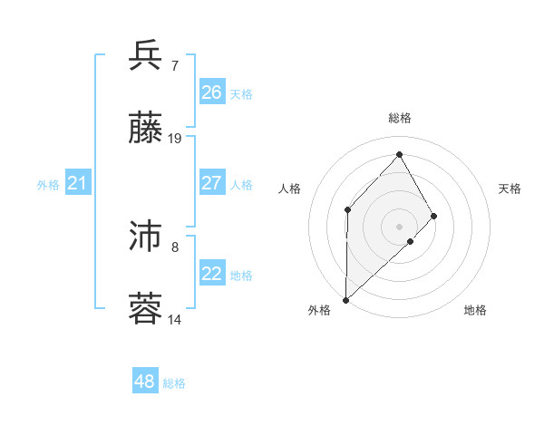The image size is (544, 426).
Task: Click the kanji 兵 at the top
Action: (x=146, y=56)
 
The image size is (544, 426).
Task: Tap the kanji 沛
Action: (x=146, y=238)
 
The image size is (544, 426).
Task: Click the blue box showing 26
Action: (x=212, y=92)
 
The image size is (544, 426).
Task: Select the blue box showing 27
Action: (x=212, y=183)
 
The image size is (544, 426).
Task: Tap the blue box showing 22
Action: (x=212, y=274)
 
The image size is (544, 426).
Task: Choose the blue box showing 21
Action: (x=78, y=184)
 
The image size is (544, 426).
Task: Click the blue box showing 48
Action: (x=145, y=382)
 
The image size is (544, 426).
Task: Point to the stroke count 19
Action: (x=175, y=139)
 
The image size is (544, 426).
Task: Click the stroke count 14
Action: (x=175, y=320)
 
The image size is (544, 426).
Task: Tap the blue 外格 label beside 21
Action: (x=48, y=185)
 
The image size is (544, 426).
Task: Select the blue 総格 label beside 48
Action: (x=174, y=383)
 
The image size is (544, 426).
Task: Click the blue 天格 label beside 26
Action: (x=241, y=94)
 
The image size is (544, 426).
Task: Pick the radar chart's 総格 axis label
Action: (x=399, y=118)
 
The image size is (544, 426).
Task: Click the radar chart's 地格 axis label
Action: (x=475, y=311)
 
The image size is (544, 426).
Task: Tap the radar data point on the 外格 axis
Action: (x=345, y=300)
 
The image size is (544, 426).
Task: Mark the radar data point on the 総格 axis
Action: (x=399, y=153)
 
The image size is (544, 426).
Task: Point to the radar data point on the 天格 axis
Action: (x=434, y=216)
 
